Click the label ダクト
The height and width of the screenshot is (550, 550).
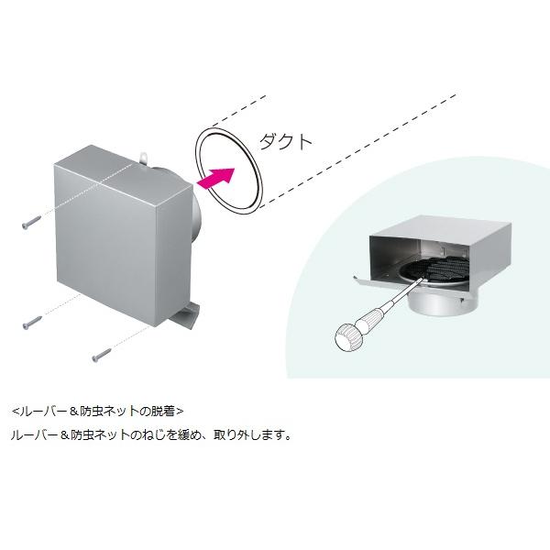coord(287,141)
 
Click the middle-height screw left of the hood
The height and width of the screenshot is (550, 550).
coord(32,321)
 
